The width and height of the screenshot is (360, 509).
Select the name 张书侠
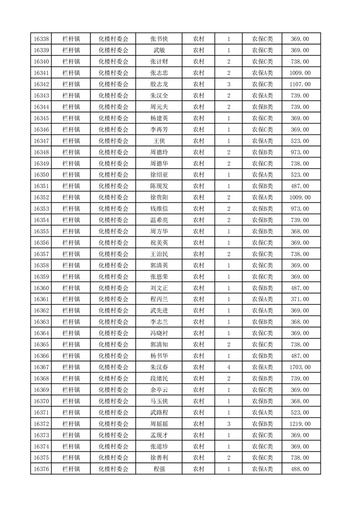click(x=159, y=39)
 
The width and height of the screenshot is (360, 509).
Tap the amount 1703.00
click(x=300, y=367)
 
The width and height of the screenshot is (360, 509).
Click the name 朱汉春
click(x=159, y=367)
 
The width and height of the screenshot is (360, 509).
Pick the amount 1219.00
click(x=300, y=424)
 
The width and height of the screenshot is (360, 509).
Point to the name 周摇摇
click(x=159, y=424)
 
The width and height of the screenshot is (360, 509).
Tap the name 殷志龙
click(x=159, y=84)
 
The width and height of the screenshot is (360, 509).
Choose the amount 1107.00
click(x=300, y=84)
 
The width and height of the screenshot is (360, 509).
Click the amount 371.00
click(x=300, y=299)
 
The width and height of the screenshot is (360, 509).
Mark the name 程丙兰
click(x=159, y=299)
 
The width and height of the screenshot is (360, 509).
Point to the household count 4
click(x=228, y=367)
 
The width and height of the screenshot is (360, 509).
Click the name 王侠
click(x=159, y=141)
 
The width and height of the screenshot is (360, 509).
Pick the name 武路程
click(x=159, y=413)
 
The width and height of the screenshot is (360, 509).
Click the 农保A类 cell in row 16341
click(x=262, y=73)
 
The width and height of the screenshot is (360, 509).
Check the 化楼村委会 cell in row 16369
click(x=113, y=390)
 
